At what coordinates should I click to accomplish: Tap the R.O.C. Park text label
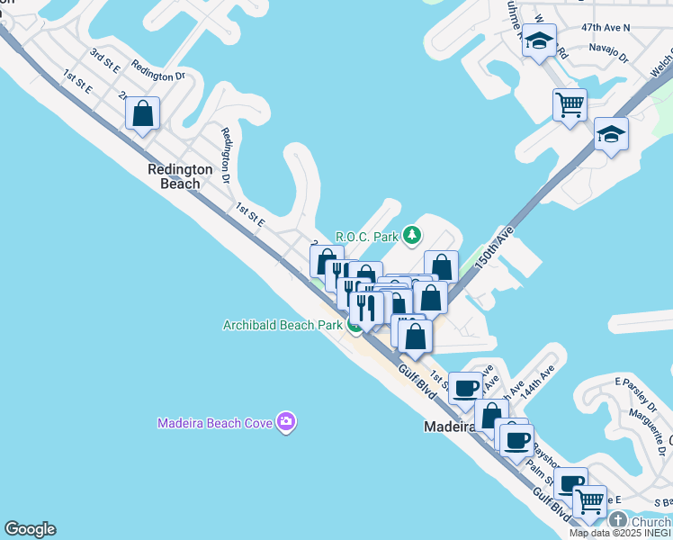367,237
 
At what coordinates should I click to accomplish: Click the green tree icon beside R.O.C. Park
412,236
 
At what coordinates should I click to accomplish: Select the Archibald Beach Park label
283,325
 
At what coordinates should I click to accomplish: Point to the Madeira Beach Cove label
215,422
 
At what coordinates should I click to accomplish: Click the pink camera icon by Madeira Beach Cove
286,421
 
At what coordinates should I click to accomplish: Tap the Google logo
30,529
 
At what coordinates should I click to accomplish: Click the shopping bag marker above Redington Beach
143,114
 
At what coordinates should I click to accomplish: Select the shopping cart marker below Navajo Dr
570,105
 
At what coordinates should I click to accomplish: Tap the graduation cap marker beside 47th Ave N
539,40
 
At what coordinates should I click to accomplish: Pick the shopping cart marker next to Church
590,501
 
